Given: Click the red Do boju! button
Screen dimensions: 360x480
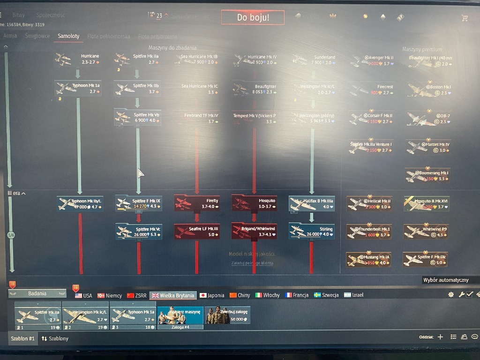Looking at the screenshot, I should pos(253,18).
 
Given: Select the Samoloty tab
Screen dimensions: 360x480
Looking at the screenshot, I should pos(68,36).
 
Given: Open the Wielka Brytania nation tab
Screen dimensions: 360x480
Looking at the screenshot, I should pos(172,295).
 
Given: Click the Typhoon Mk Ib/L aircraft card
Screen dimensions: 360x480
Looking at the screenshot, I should pos(80,203).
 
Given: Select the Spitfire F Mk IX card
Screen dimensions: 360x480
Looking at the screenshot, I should pos(139,203).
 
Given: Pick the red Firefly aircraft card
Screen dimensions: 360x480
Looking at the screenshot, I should pos(197,203).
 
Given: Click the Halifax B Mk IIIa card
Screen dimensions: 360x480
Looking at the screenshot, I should pos(312,203).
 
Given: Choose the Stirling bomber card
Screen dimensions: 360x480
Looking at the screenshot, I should pos(312,231).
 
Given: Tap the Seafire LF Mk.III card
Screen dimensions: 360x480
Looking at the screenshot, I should pos(197,231).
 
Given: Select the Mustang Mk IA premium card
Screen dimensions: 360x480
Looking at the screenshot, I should pos(368,260).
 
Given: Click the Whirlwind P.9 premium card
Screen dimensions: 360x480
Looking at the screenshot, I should pos(426,232).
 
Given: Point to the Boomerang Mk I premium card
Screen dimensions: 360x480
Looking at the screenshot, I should pos(427,175).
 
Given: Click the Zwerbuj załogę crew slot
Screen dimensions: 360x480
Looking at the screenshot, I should pos(227,315).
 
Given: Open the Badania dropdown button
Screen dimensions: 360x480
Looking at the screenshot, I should pos(37,293).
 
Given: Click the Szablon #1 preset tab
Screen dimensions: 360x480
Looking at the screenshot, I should pos(22,338).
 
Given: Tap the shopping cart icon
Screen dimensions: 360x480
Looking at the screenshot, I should pos(465,18).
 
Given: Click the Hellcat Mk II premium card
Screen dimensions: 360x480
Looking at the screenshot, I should pos(368,203).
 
